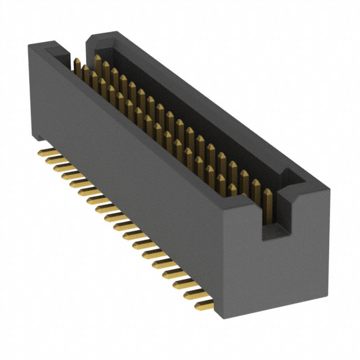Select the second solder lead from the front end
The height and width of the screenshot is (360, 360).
195,294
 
